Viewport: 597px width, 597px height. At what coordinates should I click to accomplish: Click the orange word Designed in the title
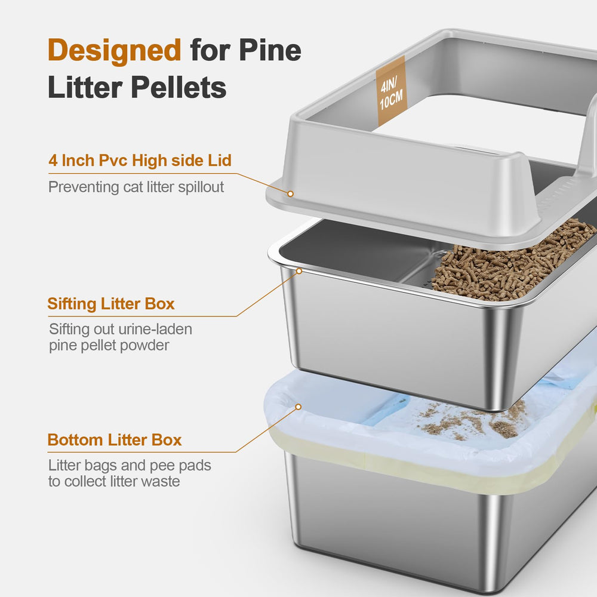pos(114,50)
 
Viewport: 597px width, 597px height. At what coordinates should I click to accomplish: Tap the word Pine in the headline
pos(270,50)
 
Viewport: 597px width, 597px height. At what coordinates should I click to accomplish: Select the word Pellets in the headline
pos(179,88)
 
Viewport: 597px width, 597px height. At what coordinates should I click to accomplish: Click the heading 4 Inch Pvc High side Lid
pos(140,161)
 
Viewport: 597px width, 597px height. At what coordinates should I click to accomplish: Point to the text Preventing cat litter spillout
pos(136,187)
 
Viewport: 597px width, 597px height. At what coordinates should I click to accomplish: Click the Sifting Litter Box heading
pos(111,303)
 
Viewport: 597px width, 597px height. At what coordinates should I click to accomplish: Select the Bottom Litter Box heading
pos(115,440)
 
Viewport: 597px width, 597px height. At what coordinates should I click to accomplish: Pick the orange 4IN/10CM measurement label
pos(391,91)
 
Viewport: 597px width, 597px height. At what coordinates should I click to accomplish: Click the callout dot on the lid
pos(290,193)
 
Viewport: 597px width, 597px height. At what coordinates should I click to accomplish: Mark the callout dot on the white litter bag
pos(297,408)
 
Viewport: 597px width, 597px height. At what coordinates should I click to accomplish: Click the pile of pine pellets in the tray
pos(513,260)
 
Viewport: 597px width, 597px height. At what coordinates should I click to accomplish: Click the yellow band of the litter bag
pos(418,472)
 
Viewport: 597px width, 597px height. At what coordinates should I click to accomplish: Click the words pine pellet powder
pos(109,345)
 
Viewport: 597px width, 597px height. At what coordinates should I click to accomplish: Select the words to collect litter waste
pos(113,481)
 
